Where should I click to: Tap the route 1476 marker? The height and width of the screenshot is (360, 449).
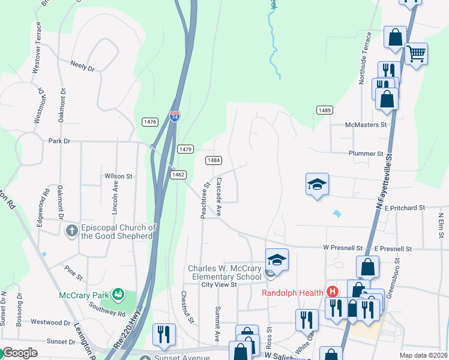150,122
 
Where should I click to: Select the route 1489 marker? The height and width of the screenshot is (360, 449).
325,110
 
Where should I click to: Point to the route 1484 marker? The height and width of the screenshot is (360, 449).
213,160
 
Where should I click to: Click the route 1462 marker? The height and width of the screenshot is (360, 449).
178,175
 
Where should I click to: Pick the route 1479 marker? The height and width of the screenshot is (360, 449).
185,149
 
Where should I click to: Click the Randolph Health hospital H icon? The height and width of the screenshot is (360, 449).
333,292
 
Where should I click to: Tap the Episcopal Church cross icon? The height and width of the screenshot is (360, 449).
71,231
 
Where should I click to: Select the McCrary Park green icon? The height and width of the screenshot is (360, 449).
118,295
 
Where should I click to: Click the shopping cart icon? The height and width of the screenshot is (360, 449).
416,54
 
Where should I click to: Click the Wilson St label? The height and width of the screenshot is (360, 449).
118,176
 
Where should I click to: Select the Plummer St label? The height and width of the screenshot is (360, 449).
366,154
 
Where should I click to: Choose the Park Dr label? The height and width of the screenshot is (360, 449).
59,141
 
